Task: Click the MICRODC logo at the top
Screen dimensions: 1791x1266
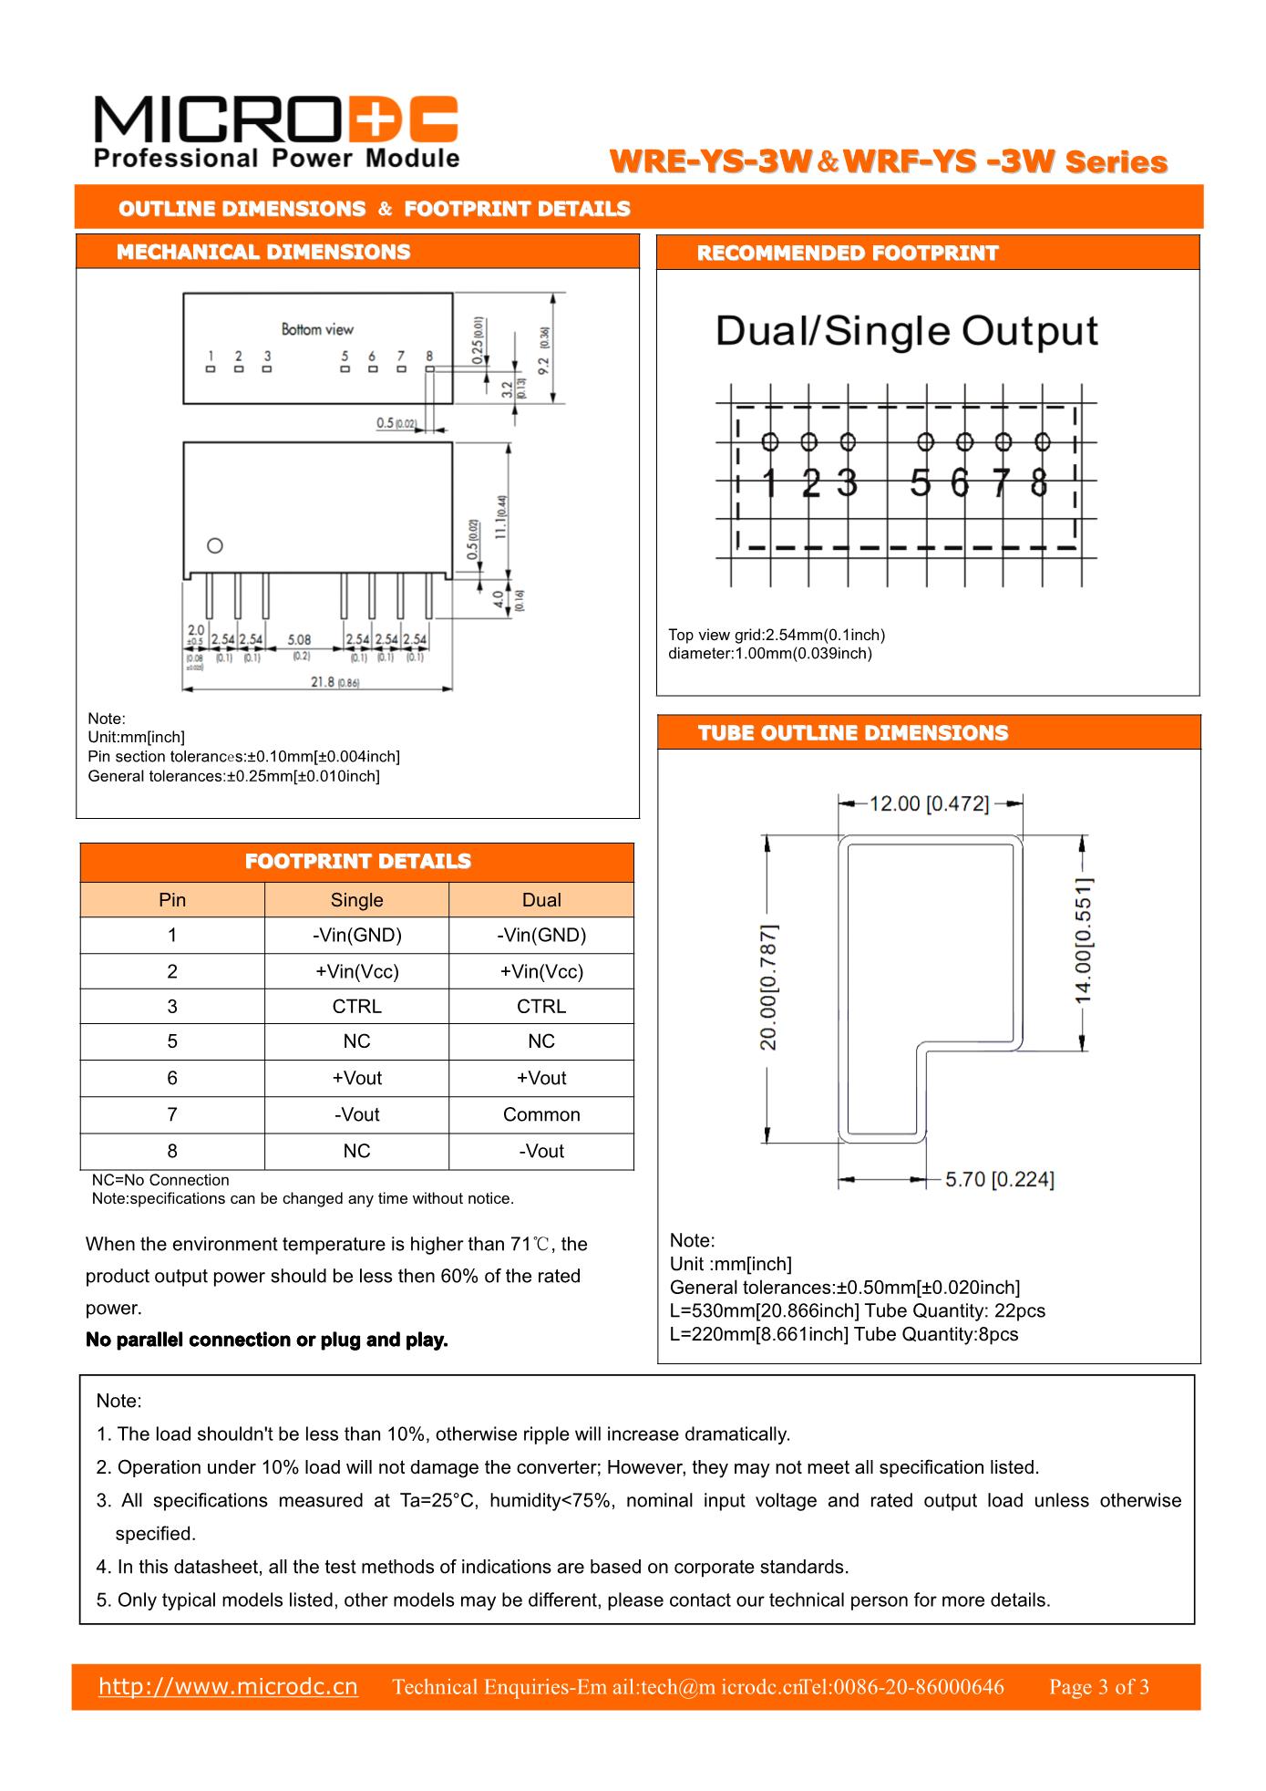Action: click(275, 131)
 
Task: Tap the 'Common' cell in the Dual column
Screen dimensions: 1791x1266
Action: click(541, 1114)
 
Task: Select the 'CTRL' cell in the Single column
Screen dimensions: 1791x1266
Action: click(356, 1006)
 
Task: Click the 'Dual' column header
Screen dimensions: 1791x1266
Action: click(541, 899)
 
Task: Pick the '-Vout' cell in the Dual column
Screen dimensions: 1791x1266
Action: click(541, 1151)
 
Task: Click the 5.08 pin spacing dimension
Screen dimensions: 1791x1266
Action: click(300, 640)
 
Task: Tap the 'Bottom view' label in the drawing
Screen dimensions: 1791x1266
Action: click(317, 329)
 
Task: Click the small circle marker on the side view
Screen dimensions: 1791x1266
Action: click(215, 546)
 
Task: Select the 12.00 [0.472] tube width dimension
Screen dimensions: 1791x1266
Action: click(929, 803)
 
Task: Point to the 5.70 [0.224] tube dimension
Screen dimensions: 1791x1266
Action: click(999, 1179)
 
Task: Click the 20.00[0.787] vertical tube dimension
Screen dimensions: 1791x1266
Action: click(769, 987)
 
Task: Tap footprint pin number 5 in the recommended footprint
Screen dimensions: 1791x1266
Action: click(921, 482)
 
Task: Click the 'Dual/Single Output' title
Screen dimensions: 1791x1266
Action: click(906, 331)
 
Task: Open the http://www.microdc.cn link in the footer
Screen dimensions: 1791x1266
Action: click(228, 1686)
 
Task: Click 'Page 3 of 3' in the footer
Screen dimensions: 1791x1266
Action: click(1098, 1687)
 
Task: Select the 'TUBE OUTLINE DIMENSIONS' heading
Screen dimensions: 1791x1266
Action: click(853, 733)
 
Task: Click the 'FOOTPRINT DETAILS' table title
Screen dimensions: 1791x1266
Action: click(357, 862)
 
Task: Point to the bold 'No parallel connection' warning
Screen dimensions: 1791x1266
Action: click(267, 1340)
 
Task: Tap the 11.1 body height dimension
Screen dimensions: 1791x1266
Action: click(501, 517)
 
